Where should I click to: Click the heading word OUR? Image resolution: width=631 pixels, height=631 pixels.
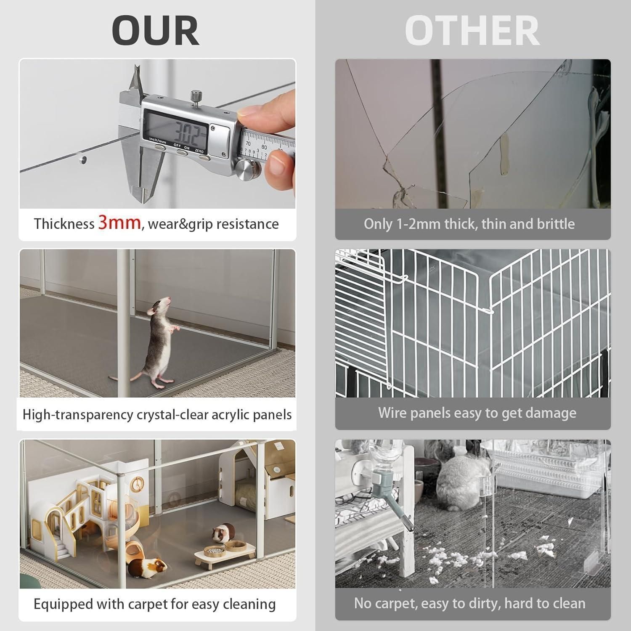click(x=156, y=30)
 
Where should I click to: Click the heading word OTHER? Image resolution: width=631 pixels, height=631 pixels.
click(x=472, y=30)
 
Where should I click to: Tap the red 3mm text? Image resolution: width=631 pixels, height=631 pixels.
click(x=119, y=223)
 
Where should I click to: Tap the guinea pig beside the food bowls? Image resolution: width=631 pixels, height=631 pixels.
click(x=223, y=534)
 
